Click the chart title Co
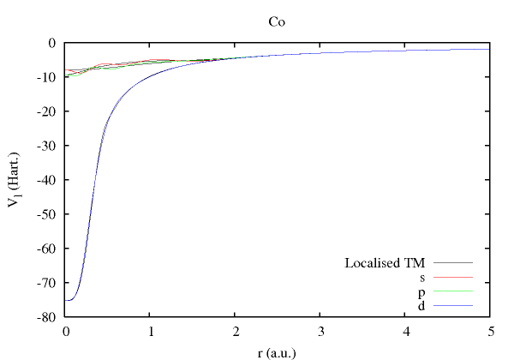click(x=277, y=23)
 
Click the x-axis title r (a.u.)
click(x=277, y=351)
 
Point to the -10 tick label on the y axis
click(x=48, y=77)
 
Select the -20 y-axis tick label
click(x=48, y=111)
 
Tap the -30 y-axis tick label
click(x=48, y=146)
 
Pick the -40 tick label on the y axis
click(x=48, y=180)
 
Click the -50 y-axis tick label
click(x=48, y=214)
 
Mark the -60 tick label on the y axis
click(x=48, y=249)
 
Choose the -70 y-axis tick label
click(x=48, y=283)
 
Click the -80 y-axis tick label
click(x=48, y=317)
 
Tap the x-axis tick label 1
click(x=150, y=331)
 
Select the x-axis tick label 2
click(x=235, y=331)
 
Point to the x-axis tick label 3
click(x=320, y=331)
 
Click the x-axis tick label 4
click(x=404, y=331)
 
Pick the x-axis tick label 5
click(x=489, y=331)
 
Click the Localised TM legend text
click(x=385, y=262)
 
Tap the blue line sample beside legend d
click(x=454, y=306)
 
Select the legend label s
click(x=422, y=277)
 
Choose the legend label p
click(x=422, y=291)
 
